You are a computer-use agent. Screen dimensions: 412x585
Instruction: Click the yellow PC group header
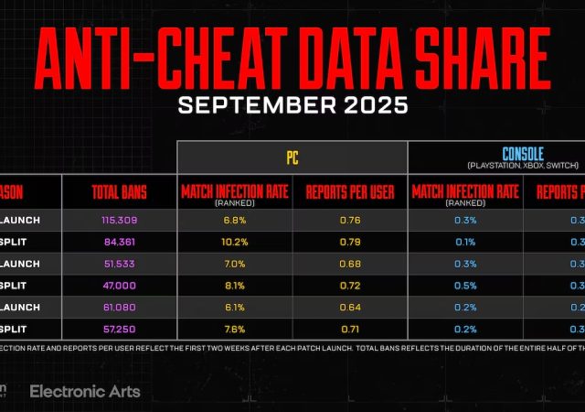[x=292, y=157]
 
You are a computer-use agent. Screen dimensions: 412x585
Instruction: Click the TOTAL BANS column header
[x=120, y=192]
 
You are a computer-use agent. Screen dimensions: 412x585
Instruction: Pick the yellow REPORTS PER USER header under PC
[x=350, y=192]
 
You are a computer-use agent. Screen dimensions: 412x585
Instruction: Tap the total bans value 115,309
[x=120, y=221]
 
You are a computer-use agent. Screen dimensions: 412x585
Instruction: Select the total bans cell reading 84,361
[x=120, y=243]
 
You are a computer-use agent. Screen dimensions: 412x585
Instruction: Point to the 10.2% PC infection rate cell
[x=235, y=243]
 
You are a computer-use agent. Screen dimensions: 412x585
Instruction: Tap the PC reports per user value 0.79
[x=350, y=243]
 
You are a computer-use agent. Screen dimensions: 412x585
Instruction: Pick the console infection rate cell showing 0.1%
[x=465, y=243]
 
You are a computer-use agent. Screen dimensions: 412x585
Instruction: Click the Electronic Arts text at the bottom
[x=85, y=391]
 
